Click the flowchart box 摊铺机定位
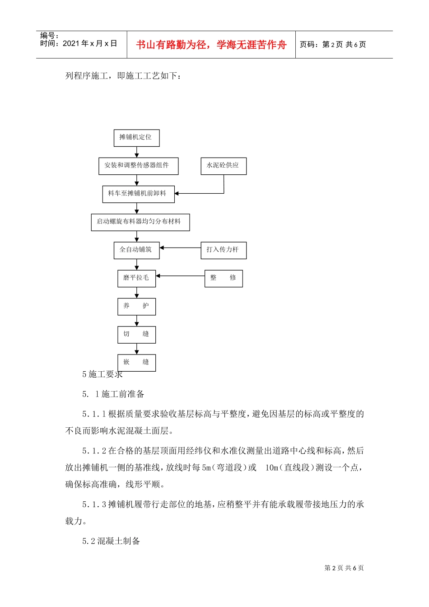136,138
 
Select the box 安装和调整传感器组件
138,166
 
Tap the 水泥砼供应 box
223,166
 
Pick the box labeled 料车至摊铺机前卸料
138,194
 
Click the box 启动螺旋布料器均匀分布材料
140,222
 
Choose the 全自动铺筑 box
136,250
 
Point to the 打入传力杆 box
223,250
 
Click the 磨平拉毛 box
136,278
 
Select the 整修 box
223,278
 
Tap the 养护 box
136,307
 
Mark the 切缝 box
136,335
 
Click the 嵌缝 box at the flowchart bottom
136,363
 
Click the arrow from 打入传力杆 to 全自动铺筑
180,248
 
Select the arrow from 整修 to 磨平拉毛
180,276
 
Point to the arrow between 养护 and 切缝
137,321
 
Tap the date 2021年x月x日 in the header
89,44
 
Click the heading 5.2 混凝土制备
111,541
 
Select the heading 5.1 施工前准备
113,394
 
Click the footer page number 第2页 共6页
344,568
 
